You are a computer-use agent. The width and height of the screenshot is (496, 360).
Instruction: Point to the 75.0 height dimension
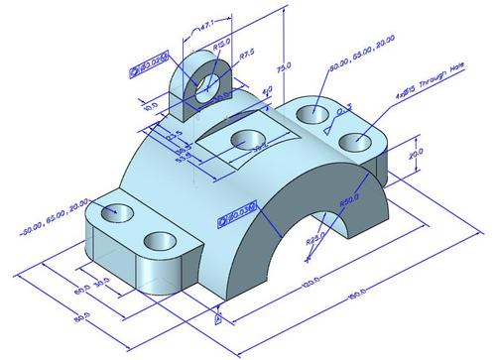pyautogui.click(x=285, y=68)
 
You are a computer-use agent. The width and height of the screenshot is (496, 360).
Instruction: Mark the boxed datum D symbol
pyautogui.click(x=217, y=320)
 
